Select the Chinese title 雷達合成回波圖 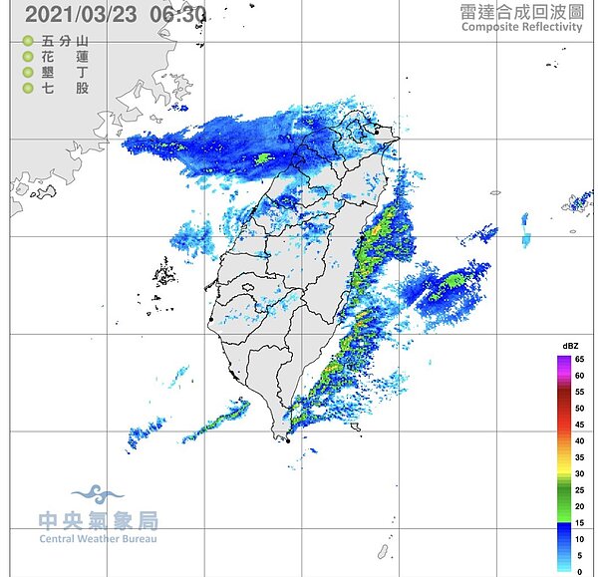[x=520, y=11]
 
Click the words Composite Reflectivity [x=521, y=27]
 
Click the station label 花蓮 [x=66, y=57]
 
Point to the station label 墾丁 [x=66, y=73]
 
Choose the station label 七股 [x=66, y=89]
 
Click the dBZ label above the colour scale [x=570, y=346]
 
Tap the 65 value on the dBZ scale [x=579, y=358]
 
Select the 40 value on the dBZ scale [x=579, y=439]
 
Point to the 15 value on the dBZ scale [x=579, y=522]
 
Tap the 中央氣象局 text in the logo [x=98, y=520]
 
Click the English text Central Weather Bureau [x=98, y=539]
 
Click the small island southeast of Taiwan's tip [x=383, y=551]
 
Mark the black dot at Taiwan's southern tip [x=288, y=439]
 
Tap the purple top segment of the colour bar [x=563, y=359]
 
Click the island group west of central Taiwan [x=162, y=269]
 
